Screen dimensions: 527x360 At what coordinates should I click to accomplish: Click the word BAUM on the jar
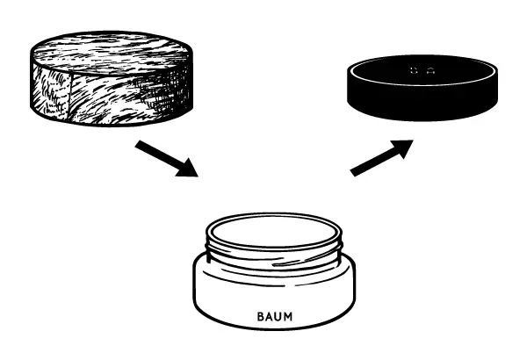point(275,316)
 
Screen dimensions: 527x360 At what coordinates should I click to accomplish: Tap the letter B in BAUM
point(261,316)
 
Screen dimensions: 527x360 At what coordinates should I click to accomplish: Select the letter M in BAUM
point(288,316)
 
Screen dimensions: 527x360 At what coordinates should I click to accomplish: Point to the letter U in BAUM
point(278,316)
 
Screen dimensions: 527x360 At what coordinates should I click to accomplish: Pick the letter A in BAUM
point(270,316)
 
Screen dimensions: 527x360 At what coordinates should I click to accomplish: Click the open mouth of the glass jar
point(274,231)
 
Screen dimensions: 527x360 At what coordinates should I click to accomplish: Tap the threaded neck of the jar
point(274,256)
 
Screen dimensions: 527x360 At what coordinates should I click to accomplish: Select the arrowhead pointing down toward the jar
point(188,168)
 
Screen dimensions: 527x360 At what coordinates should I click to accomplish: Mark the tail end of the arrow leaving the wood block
point(137,144)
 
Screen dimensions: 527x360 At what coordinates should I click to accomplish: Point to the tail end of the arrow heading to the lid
point(352,173)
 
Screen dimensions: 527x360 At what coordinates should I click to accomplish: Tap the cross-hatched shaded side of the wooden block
point(162,94)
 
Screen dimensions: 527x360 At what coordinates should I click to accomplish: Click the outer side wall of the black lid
point(422,101)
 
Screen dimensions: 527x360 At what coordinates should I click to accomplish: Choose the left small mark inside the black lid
point(414,70)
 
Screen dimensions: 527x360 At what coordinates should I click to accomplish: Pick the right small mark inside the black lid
point(430,70)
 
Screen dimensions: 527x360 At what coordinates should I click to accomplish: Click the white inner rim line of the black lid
point(422,84)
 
